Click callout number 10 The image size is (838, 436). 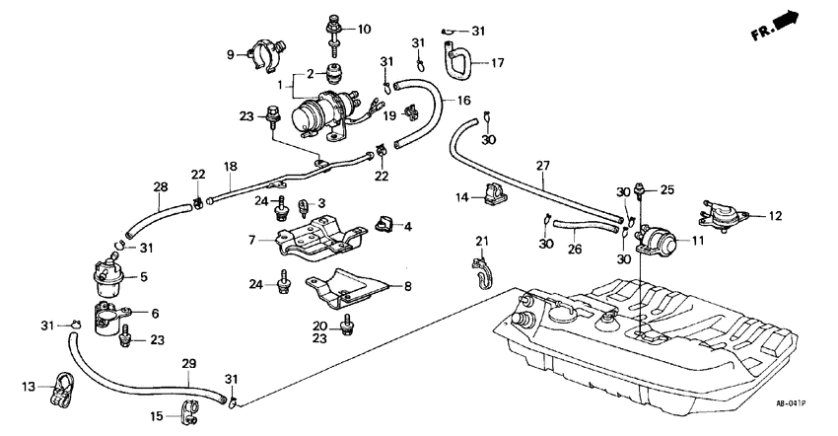[x=364, y=29]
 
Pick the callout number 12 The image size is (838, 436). [x=775, y=215]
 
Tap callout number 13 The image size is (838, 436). [x=29, y=385]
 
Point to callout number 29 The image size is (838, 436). [x=188, y=365]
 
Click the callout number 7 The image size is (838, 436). [x=252, y=240]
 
